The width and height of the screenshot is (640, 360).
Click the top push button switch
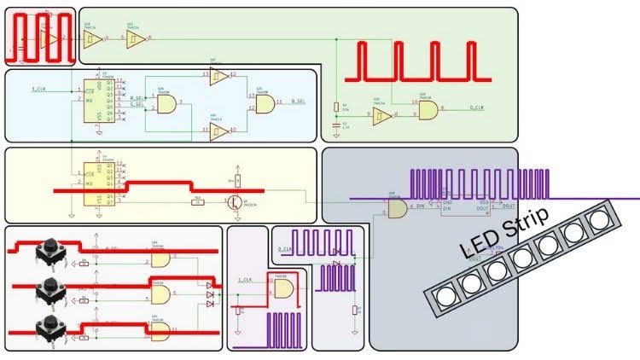pyautogui.click(x=50, y=252)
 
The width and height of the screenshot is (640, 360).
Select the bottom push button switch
pyautogui.click(x=50, y=328)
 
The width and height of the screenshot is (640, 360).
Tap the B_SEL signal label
pyautogui.click(x=299, y=102)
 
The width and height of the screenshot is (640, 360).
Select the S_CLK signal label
pyautogui.click(x=39, y=90)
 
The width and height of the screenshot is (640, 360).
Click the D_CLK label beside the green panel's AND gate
pyautogui.click(x=478, y=107)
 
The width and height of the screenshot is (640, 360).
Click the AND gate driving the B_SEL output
pyautogui.click(x=265, y=104)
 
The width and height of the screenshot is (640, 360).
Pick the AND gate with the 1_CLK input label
pyautogui.click(x=282, y=288)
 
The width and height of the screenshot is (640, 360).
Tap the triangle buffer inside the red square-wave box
pyautogui.click(x=49, y=39)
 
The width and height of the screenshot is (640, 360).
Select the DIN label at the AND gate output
pyautogui.click(x=421, y=207)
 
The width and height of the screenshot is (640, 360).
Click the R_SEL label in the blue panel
pyautogui.click(x=137, y=98)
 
